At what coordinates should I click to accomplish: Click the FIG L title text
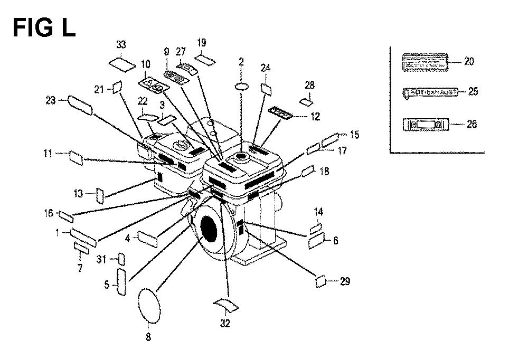pyautogui.click(x=44, y=27)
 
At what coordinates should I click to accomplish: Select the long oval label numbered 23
pyautogui.click(x=80, y=106)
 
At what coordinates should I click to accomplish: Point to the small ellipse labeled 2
pyautogui.click(x=241, y=87)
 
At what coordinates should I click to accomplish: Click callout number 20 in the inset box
pyautogui.click(x=469, y=61)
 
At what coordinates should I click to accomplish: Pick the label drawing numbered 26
pyautogui.click(x=426, y=125)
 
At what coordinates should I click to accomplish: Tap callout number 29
pyautogui.click(x=345, y=282)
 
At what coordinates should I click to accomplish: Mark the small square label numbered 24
pyautogui.click(x=266, y=88)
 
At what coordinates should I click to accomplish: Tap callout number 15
pyautogui.click(x=354, y=135)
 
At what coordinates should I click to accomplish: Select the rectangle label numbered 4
pyautogui.click(x=148, y=238)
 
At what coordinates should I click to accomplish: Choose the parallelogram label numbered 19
pyautogui.click(x=205, y=58)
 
